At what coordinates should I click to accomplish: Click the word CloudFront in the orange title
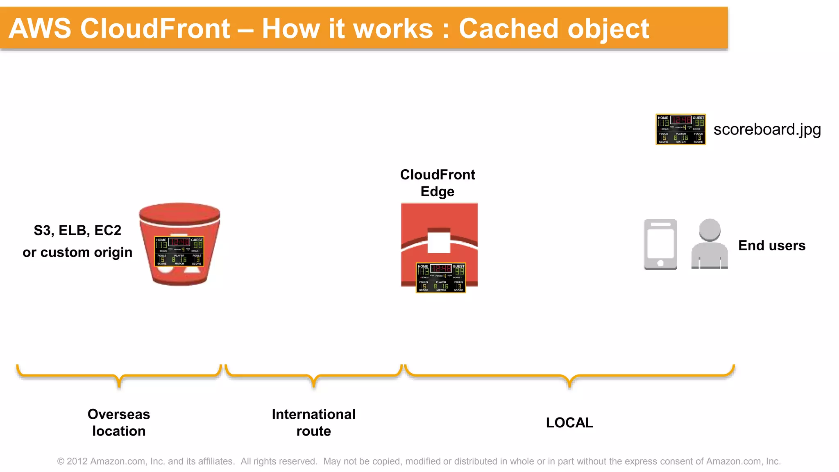(155, 29)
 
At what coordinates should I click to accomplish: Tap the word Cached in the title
(508, 29)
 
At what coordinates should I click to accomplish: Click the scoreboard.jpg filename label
(767, 129)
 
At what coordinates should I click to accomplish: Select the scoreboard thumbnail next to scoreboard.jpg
(680, 129)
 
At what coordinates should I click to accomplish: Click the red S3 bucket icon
(179, 221)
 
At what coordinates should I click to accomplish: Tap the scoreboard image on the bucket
(179, 251)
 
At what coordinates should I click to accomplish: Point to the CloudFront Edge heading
(438, 183)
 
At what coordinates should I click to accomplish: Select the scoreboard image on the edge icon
(441, 278)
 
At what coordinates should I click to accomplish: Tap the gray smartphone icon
(660, 244)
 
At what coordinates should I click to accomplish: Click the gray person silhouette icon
(710, 244)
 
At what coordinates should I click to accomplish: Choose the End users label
(772, 245)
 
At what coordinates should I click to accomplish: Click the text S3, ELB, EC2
(77, 230)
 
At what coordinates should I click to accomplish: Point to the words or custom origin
(77, 252)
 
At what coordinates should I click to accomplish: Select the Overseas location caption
(119, 422)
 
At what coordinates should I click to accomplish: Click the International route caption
(313, 422)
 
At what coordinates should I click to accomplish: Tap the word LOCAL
(569, 422)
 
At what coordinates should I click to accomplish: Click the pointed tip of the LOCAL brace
(570, 386)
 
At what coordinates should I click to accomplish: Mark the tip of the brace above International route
(314, 386)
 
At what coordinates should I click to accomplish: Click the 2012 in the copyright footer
(77, 461)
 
